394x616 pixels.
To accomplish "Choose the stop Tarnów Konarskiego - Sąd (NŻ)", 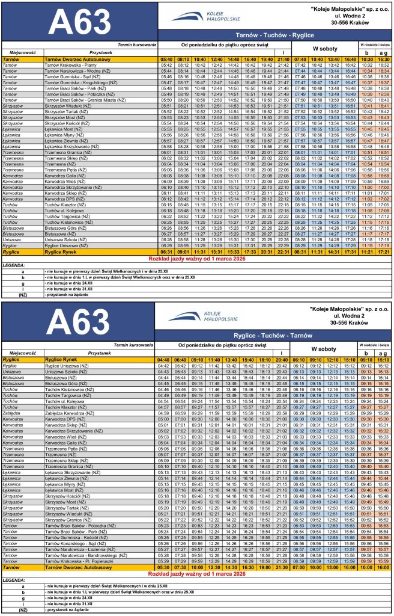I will pyautogui.click(x=76, y=543).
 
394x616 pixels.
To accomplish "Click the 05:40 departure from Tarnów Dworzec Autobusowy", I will pyautogui.click(x=166, y=60).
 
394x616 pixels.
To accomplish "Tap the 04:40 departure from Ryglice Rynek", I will pyautogui.click(x=163, y=360).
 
